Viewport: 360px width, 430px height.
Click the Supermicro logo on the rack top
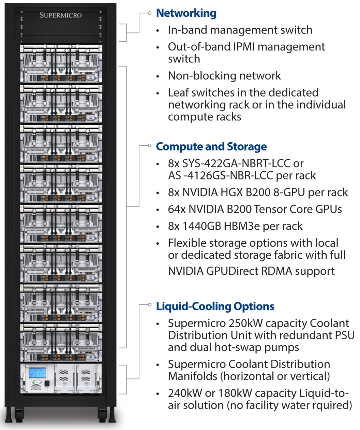[60, 15]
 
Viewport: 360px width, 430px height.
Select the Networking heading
[186, 13]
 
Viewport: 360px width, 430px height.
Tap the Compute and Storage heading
[211, 146]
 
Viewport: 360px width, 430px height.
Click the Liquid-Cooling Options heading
[215, 306]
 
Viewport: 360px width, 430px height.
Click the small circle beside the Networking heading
[149, 13]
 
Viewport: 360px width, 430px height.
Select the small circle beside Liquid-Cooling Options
[149, 304]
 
